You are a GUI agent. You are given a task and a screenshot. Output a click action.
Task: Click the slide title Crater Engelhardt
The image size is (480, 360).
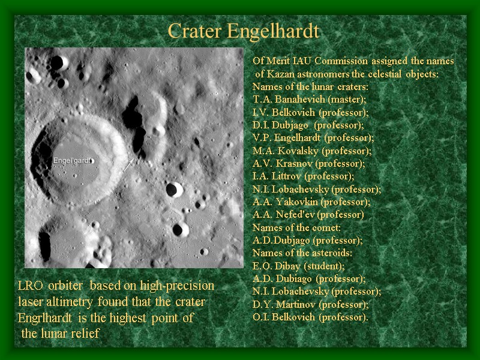(x=243, y=31)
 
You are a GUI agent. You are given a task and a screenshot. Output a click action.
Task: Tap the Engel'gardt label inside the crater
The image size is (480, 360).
(x=73, y=161)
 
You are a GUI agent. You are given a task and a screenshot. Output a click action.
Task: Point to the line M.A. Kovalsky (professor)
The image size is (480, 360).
(x=312, y=151)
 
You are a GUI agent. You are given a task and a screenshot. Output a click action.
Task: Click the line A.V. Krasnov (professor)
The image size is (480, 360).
(x=308, y=163)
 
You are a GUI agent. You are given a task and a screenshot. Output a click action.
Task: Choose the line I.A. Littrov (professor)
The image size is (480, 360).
(x=303, y=176)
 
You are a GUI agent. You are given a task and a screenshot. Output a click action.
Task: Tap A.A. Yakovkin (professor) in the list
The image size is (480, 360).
(x=311, y=202)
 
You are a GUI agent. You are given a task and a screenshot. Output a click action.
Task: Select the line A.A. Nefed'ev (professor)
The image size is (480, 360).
(x=308, y=214)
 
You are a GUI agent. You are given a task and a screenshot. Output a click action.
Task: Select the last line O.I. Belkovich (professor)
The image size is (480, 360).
(x=310, y=317)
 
